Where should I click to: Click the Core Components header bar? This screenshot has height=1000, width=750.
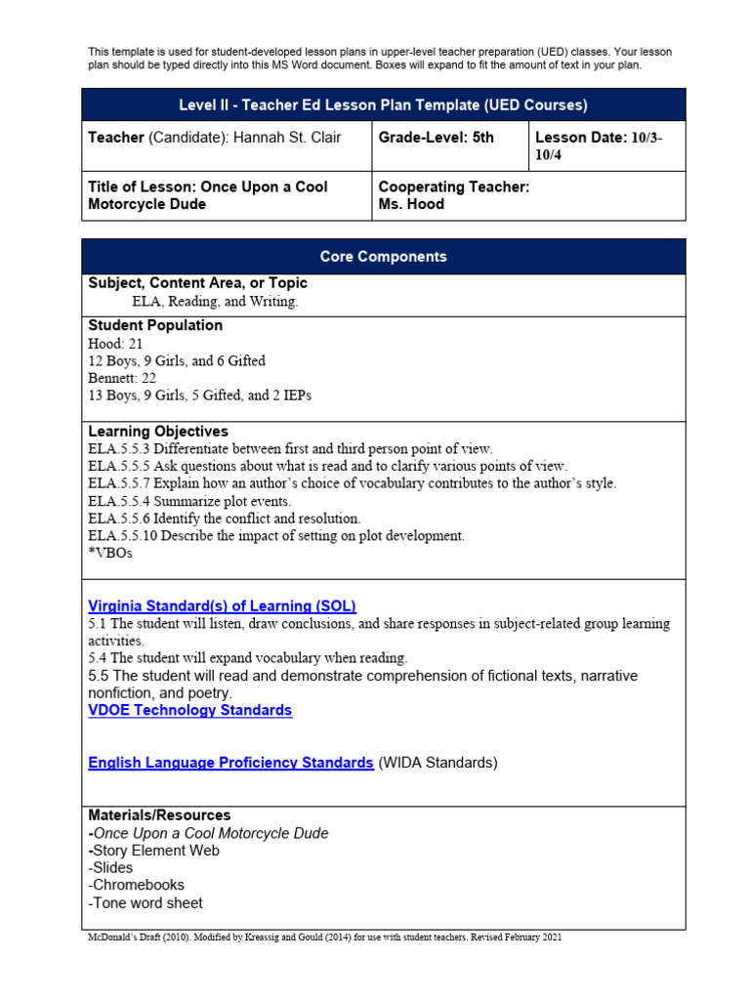[383, 257]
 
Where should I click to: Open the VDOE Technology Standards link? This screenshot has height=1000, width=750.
[189, 710]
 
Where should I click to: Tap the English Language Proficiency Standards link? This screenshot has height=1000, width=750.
[230, 763]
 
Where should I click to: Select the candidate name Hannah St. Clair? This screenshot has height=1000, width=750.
[286, 138]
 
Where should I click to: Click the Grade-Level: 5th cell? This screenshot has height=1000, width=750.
[436, 138]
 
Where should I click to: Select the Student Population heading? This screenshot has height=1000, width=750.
[155, 325]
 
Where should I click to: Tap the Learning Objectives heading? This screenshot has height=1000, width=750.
[158, 431]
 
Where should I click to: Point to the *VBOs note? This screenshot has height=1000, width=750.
[109, 553]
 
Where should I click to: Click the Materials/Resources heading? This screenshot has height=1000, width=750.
[159, 814]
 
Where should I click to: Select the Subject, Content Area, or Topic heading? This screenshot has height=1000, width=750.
[197, 283]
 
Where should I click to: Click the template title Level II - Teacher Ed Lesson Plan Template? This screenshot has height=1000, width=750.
[383, 104]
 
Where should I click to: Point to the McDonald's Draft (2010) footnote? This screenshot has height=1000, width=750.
[324, 937]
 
